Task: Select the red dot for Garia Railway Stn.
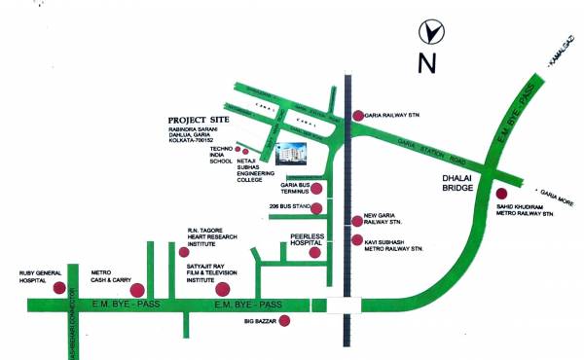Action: pyautogui.click(x=358, y=115)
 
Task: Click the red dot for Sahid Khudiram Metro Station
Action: pyautogui.click(x=501, y=195)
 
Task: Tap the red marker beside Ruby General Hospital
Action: pyautogui.click(x=59, y=288)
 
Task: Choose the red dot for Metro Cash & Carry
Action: pyautogui.click(x=137, y=288)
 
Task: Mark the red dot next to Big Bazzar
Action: pyautogui.click(x=284, y=320)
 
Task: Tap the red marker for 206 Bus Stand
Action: pyautogui.click(x=316, y=207)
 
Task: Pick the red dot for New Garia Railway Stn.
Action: pyautogui.click(x=358, y=222)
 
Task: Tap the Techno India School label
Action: pyautogui.click(x=221, y=156)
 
